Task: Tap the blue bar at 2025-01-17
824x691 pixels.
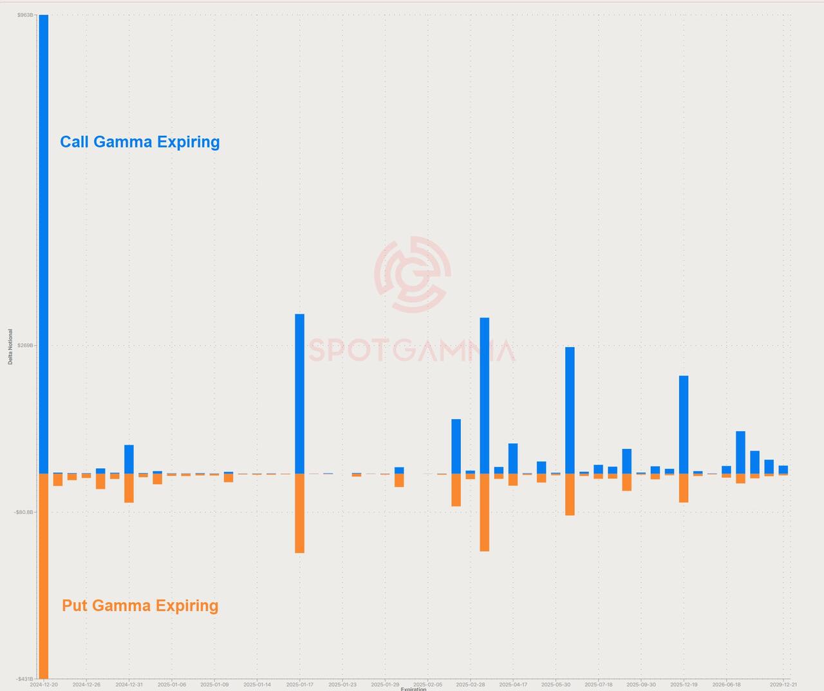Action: [299, 393]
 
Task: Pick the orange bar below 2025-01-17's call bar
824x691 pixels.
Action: [299, 513]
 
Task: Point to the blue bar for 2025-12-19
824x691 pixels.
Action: [684, 424]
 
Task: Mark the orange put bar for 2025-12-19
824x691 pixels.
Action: [684, 488]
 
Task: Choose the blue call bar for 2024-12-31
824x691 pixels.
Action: [129, 459]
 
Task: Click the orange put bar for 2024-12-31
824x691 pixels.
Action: [129, 488]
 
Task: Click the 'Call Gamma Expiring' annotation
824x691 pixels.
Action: [140, 142]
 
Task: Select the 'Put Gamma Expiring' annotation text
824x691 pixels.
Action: [140, 605]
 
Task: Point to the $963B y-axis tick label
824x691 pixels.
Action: [25, 15]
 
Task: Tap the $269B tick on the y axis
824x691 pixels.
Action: [25, 346]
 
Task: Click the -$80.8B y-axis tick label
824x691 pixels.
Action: [23, 512]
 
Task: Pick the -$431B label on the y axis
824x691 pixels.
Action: [24, 679]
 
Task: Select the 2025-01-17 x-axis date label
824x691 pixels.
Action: [299, 685]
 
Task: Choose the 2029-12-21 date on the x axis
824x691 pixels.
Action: [783, 685]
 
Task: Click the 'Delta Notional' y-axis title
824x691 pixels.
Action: [10, 346]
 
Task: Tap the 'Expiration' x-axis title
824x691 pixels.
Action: [413, 689]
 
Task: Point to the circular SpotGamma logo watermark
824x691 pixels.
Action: [412, 274]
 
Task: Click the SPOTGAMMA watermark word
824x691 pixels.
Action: [412, 351]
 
